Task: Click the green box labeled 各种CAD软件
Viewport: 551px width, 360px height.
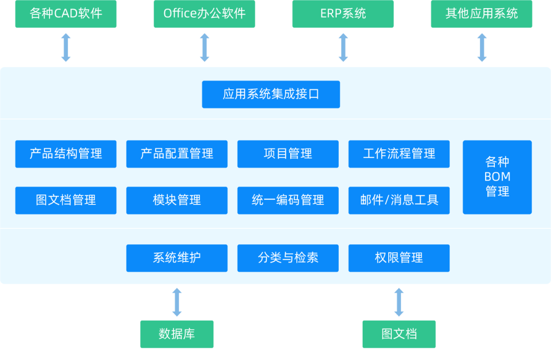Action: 66,14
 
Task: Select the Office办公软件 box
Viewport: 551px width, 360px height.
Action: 204,14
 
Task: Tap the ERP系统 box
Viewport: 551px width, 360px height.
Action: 343,14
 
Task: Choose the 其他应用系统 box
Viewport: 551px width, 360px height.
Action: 482,14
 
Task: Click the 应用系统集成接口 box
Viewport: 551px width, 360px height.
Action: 271,94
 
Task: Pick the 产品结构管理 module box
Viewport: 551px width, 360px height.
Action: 66,154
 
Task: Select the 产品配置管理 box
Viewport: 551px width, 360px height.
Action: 177,154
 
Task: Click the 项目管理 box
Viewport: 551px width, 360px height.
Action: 288,154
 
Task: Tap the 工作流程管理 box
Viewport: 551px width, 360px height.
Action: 399,154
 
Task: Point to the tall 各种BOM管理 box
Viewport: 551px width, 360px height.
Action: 497,177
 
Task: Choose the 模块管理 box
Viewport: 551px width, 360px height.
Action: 177,200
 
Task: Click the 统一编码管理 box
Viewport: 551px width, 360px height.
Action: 288,200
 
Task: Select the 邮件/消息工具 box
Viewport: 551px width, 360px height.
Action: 399,200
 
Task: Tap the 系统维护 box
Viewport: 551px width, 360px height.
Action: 177,258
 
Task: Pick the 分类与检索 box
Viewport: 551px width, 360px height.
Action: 288,258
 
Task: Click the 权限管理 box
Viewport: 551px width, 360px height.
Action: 399,258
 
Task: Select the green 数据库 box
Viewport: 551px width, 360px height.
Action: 177,334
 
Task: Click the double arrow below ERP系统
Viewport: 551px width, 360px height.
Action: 343,47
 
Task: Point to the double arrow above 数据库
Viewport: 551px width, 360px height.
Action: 177,302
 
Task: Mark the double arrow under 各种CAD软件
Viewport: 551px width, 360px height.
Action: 66,47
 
